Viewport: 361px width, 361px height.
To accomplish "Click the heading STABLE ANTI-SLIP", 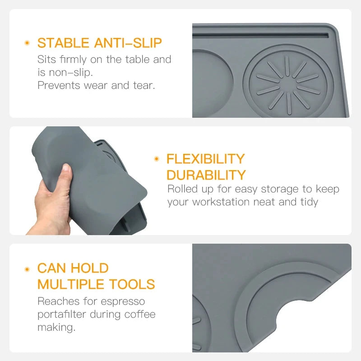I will click(x=99, y=43).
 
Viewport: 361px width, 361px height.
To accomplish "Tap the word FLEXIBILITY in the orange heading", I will click(x=205, y=159).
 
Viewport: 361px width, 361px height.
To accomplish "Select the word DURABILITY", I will click(x=206, y=175).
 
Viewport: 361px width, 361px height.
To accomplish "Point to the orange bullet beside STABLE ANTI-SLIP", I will click(x=27, y=43).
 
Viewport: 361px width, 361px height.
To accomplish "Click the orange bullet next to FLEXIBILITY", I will click(x=157, y=159).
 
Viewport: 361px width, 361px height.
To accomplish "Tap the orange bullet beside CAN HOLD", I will click(x=27, y=268).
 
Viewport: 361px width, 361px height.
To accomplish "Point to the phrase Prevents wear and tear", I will click(x=96, y=85).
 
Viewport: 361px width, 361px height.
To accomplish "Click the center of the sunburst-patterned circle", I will click(x=288, y=84).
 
